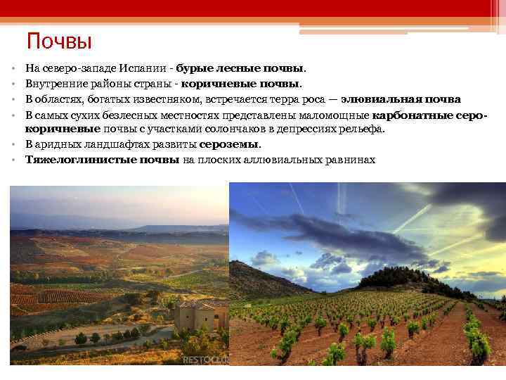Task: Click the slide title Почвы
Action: [59, 42]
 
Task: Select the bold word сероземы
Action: [229, 145]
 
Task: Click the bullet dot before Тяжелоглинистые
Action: [14, 160]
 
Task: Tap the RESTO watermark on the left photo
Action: [204, 360]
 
